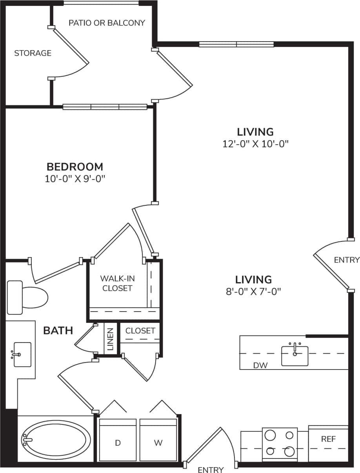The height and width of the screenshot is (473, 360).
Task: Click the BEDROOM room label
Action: click(x=75, y=167)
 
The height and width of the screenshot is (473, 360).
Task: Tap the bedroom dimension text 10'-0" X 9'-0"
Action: click(x=75, y=179)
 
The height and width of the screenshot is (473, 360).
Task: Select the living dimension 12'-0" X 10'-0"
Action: click(x=255, y=144)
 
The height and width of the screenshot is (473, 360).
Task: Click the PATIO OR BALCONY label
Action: click(x=107, y=23)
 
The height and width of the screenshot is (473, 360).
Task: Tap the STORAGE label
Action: click(x=33, y=53)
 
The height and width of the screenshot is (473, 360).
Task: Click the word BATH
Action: click(x=58, y=330)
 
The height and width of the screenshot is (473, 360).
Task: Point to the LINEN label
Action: click(x=110, y=339)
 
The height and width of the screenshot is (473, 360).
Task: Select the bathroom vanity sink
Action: click(x=22, y=354)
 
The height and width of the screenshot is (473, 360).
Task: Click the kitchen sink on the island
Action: click(x=295, y=355)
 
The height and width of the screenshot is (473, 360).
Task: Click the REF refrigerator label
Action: click(x=328, y=439)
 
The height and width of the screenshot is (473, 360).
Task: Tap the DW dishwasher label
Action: click(x=260, y=366)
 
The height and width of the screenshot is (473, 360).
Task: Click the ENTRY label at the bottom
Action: click(x=211, y=469)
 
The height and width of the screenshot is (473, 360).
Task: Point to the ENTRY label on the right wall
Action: click(x=347, y=260)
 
